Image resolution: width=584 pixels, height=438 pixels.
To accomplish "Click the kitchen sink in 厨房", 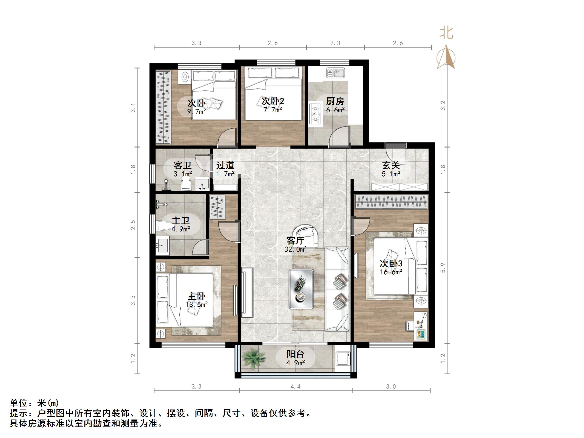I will pos(335,73).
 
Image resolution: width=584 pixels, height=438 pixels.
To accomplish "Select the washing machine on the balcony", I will pos(343,358).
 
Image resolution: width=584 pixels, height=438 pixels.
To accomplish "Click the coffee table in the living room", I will pos(301,289).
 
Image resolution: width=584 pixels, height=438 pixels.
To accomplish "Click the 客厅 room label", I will pos(295,240).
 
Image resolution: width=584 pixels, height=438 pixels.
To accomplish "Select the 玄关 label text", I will pos(391,165).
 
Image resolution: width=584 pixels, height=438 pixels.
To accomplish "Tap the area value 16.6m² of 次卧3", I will pos(391,272).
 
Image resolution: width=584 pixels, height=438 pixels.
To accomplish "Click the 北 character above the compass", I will pos(446,33).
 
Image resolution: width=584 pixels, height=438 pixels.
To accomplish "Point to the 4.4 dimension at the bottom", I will pos(295,387).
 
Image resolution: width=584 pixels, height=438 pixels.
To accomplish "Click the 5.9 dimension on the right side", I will pos(443,268).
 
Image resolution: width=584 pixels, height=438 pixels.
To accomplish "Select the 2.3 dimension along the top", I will pos(335,43).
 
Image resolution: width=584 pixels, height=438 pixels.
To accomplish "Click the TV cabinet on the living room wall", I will pos(247,292).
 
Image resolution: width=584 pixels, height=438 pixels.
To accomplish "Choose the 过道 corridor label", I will pos(225,165).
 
